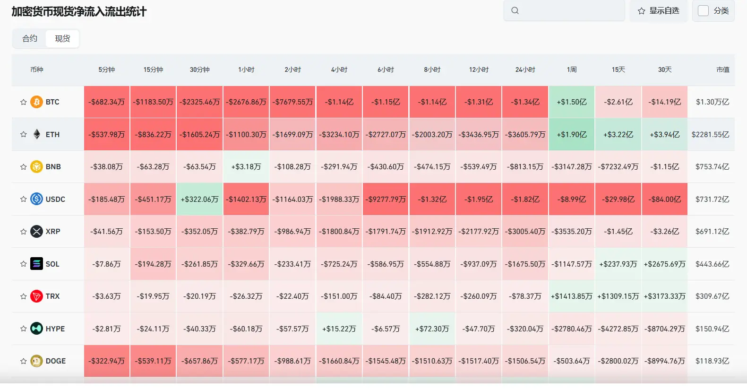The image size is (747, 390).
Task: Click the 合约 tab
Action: tap(30, 38)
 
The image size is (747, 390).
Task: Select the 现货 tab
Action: tap(62, 38)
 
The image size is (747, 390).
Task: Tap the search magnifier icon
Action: tap(515, 11)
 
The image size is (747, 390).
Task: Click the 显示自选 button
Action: tap(658, 11)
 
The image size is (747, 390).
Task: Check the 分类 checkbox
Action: tap(703, 11)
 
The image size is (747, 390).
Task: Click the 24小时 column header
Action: tap(525, 69)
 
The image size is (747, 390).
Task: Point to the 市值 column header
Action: tap(722, 69)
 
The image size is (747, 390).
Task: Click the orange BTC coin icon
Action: tap(37, 102)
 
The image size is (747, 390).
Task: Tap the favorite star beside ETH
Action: tap(23, 134)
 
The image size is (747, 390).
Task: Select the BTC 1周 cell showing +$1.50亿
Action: tap(572, 102)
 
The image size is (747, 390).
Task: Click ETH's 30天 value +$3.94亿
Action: tap(665, 134)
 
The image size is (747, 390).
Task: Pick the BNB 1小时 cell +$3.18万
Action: tap(246, 166)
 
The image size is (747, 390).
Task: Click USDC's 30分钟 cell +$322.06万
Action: tap(199, 199)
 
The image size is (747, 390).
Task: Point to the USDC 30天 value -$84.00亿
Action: tap(665, 199)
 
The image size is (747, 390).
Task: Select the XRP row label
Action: tap(53, 231)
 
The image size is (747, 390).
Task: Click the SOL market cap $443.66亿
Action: tap(713, 264)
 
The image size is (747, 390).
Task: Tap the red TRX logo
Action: tap(37, 296)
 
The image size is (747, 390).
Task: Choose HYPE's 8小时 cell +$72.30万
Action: tap(432, 329)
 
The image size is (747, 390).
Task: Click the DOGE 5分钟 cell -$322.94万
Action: tap(106, 361)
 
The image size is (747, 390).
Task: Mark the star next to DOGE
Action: tap(23, 361)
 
